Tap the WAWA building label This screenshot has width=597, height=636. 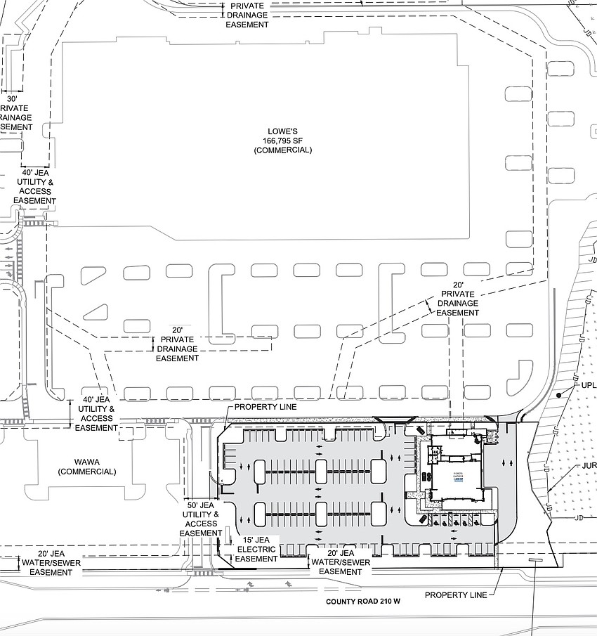coord(88,462)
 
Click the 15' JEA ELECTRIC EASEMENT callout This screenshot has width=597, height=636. coord(256,548)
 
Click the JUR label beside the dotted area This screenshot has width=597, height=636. coord(589,466)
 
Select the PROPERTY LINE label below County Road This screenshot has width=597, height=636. coord(455,595)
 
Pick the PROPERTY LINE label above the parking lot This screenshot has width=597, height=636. coord(265,407)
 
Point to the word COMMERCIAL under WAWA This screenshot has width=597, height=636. coord(88,472)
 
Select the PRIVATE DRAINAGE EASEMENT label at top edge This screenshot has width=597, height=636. coord(247,15)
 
